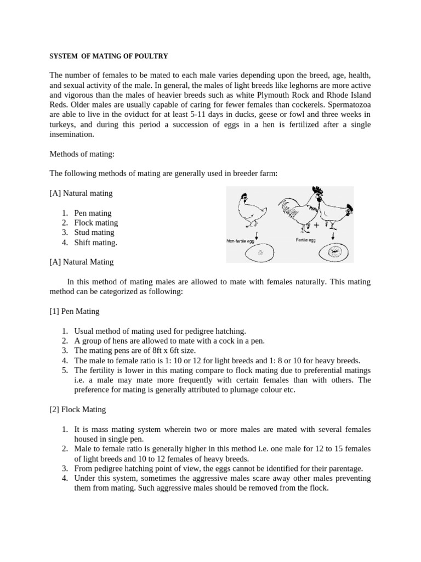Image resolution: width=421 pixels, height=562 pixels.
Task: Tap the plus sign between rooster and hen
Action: coord(316,225)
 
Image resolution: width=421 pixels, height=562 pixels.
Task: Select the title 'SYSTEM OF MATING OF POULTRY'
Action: coord(109,56)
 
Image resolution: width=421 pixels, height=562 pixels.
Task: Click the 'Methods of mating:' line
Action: coord(82,154)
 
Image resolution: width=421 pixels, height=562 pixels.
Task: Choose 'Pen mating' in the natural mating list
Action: coord(93,213)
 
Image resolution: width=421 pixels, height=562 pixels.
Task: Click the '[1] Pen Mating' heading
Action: coord(75,311)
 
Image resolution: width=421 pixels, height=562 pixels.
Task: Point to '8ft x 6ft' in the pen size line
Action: coord(164,351)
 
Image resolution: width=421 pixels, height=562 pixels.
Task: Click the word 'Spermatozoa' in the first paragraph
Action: coord(349,104)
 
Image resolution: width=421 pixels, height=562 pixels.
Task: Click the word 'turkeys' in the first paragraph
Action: coord(63,124)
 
